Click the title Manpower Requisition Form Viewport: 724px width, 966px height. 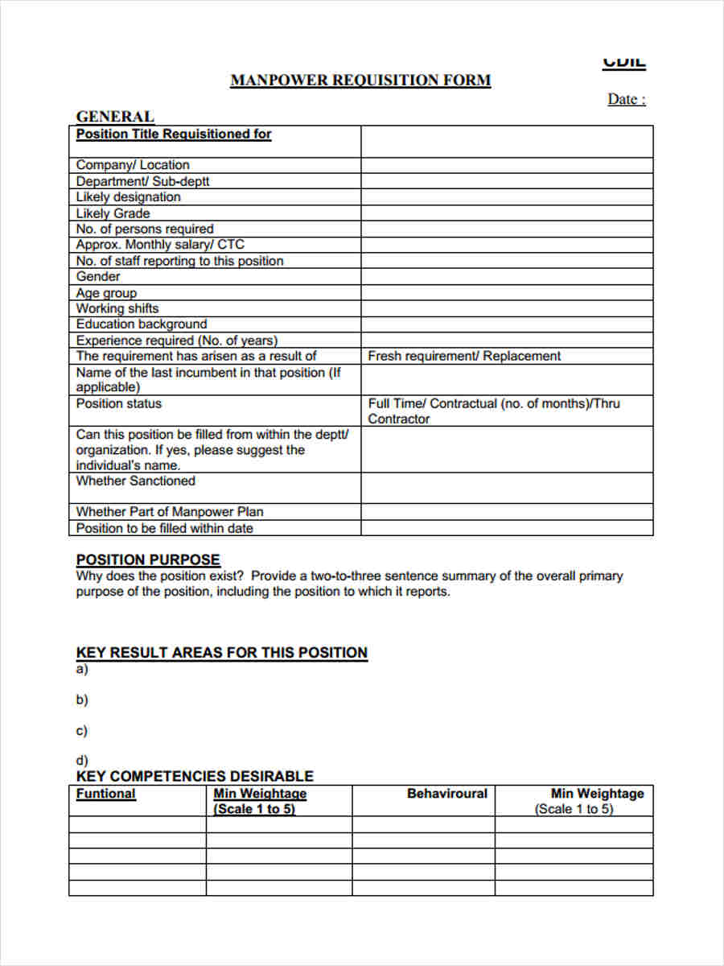tap(360, 80)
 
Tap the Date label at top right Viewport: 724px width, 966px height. tap(626, 100)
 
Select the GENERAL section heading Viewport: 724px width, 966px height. tap(115, 117)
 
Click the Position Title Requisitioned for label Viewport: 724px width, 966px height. tap(174, 134)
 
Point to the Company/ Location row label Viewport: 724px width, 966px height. tap(133, 165)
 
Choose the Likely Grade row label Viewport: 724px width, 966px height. tap(113, 213)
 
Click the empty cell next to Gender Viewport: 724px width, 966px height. tap(506, 277)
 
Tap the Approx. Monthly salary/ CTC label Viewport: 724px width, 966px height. tap(160, 245)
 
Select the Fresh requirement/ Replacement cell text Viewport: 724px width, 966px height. tap(464, 356)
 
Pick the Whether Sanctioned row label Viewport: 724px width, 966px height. tap(135, 481)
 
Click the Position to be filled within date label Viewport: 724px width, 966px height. tap(164, 528)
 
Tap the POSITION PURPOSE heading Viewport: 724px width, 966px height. tap(148, 559)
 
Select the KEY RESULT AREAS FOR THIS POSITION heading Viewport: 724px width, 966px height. tap(221, 653)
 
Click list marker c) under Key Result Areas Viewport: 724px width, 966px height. tap(81, 731)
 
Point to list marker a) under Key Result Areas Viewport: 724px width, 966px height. tap(81, 669)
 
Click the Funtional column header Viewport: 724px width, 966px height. tap(105, 794)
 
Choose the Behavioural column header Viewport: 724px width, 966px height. tap(446, 794)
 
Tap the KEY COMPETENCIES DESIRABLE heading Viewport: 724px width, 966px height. tap(195, 776)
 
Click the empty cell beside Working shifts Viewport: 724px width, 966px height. tap(506, 308)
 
